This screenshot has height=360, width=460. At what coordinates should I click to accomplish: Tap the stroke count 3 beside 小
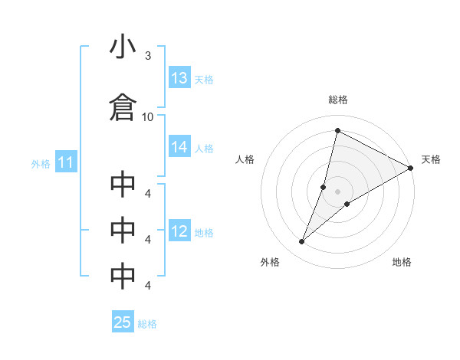(x=147, y=56)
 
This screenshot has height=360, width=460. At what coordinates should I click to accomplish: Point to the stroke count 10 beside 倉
(x=148, y=116)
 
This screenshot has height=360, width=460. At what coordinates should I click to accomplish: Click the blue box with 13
(x=179, y=78)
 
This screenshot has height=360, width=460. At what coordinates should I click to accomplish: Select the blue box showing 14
(x=179, y=148)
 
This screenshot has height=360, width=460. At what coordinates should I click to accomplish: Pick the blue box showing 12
(x=179, y=231)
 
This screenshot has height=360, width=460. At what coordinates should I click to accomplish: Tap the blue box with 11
(x=65, y=162)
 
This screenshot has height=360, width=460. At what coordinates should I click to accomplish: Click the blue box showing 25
(x=123, y=322)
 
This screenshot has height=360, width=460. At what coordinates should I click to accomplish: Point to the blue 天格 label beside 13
(x=204, y=79)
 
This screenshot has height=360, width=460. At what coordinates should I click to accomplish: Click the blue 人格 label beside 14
(x=204, y=149)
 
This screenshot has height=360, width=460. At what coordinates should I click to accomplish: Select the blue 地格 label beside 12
(x=204, y=232)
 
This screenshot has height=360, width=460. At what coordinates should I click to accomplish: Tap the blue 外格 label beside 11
(x=41, y=163)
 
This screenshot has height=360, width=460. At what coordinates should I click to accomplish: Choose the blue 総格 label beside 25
(x=147, y=324)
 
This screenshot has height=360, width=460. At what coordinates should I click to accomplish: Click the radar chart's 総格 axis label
(x=338, y=100)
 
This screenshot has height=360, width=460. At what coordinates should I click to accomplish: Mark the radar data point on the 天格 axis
(x=411, y=168)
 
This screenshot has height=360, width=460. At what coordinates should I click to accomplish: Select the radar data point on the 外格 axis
(x=302, y=242)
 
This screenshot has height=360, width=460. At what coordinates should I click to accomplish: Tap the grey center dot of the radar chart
(x=338, y=191)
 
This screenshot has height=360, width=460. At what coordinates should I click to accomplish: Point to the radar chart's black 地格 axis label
(x=402, y=263)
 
